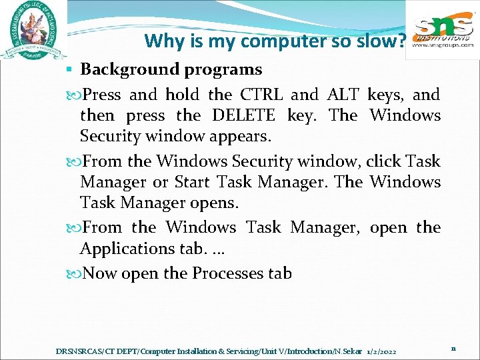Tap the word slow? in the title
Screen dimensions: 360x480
coord(385,41)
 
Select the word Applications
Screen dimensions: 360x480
coord(126,249)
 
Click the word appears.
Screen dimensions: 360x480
coord(239,137)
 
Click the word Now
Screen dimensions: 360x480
coord(102,273)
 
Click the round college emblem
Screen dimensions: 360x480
coord(33,31)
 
